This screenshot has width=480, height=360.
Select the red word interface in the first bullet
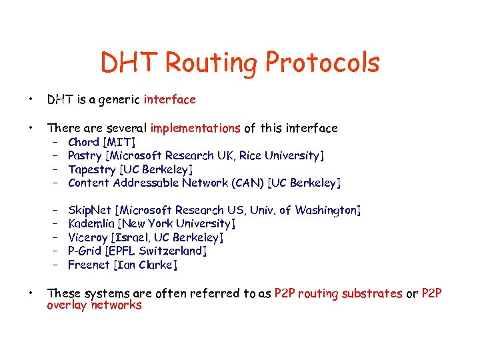[169, 100]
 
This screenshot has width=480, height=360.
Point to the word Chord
[83, 142]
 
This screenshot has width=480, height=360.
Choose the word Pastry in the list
[85, 156]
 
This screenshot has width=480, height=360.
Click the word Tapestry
[91, 169]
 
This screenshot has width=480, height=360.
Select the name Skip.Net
[90, 211]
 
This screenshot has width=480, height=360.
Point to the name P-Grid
[85, 251]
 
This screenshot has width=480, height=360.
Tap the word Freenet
[89, 265]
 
